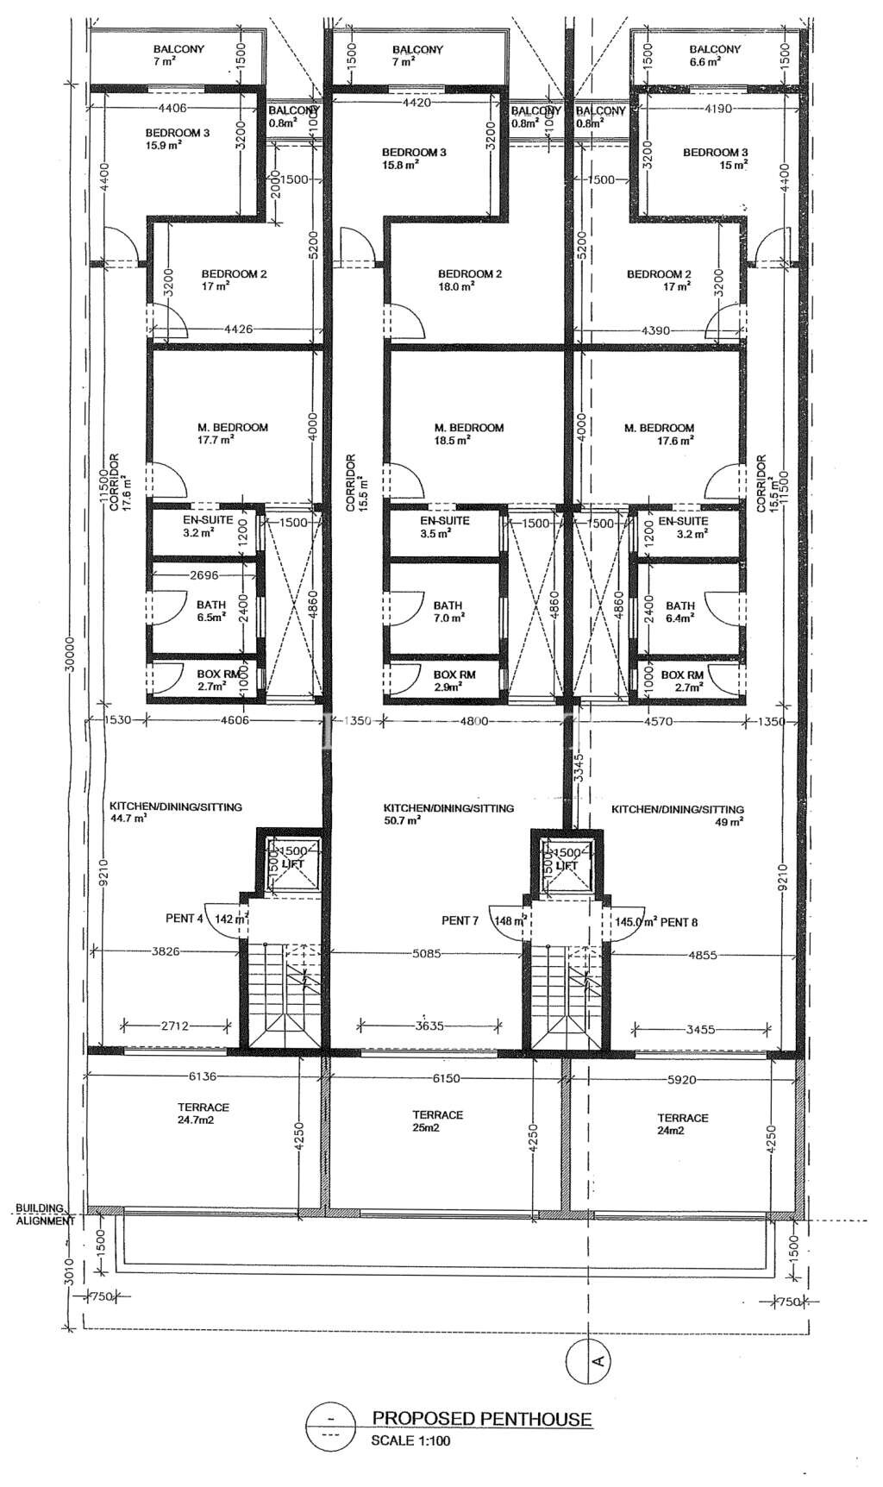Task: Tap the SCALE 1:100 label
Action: (410, 1440)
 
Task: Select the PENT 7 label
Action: (460, 921)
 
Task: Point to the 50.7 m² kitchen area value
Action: (403, 821)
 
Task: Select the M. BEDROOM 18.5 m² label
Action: (468, 433)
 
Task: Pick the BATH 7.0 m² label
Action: (448, 611)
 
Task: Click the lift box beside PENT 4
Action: (293, 864)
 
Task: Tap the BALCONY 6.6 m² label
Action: (715, 55)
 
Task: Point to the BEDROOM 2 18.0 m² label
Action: (469, 280)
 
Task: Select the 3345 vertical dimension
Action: (579, 768)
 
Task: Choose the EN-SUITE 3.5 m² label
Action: (444, 527)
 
